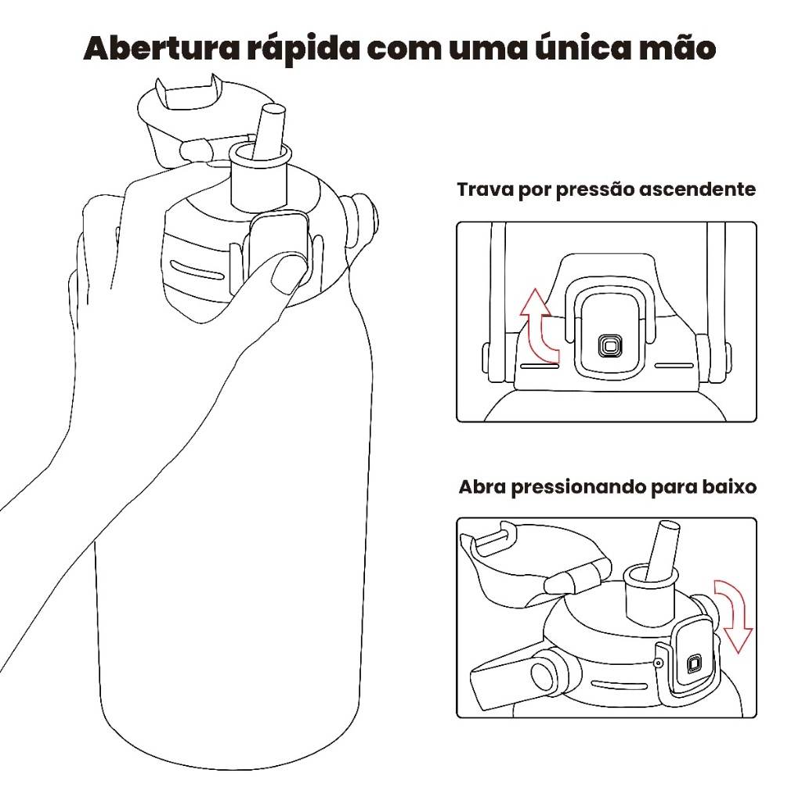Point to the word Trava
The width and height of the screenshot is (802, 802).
click(x=486, y=190)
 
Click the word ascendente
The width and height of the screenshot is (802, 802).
click(x=697, y=190)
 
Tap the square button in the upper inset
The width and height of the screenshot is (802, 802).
click(x=610, y=346)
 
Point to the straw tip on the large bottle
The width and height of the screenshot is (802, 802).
click(x=272, y=108)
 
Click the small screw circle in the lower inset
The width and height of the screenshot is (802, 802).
click(x=659, y=663)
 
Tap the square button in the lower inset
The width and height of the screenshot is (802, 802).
click(x=694, y=663)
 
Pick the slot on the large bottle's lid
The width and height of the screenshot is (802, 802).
click(x=197, y=270)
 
